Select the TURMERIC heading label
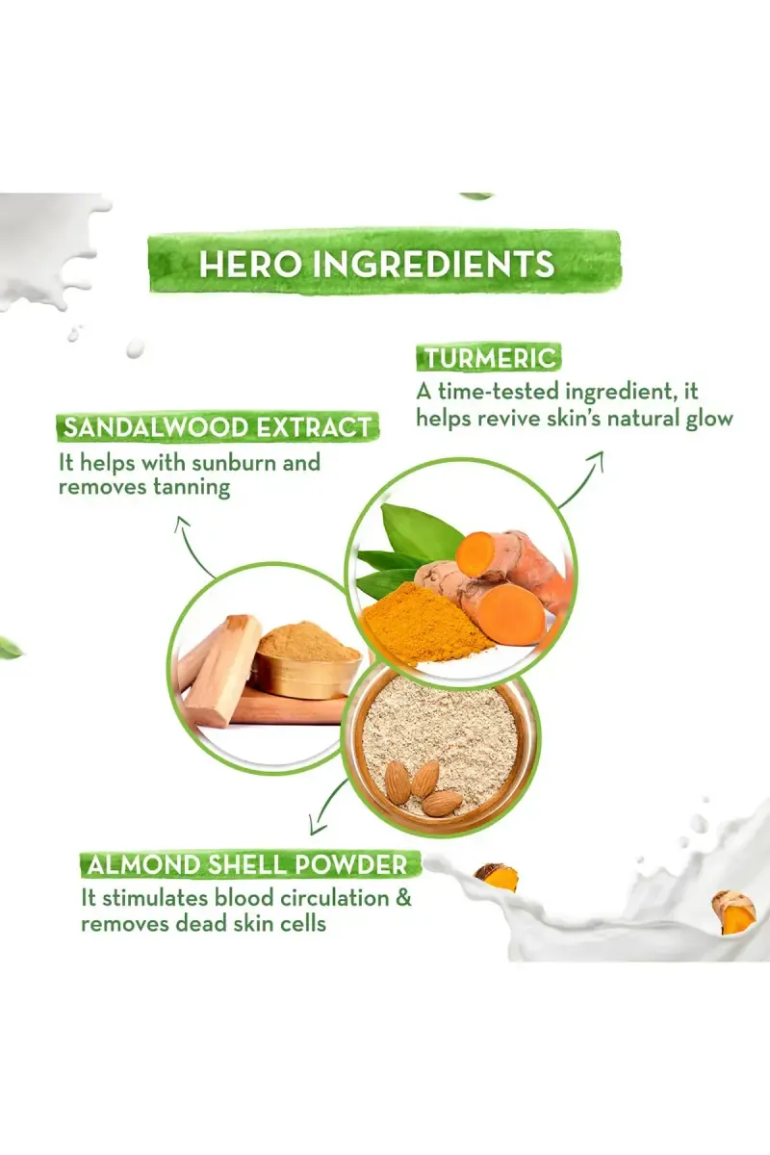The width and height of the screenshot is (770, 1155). (490, 358)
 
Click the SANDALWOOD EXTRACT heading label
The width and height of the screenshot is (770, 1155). (218, 428)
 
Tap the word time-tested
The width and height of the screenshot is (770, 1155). (499, 392)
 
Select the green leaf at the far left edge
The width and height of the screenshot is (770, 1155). (11, 647)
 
